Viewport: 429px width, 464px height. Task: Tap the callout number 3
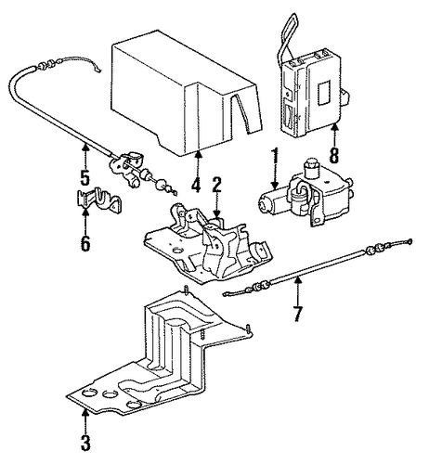[85, 443]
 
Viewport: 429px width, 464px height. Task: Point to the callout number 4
[196, 182]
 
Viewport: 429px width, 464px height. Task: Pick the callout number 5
[84, 177]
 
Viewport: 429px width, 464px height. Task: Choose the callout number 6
[85, 243]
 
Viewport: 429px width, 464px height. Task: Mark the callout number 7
[297, 314]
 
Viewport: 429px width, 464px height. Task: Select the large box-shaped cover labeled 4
[186, 93]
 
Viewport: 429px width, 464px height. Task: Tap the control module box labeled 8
[313, 93]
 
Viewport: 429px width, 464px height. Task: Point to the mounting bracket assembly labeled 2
[208, 241]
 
